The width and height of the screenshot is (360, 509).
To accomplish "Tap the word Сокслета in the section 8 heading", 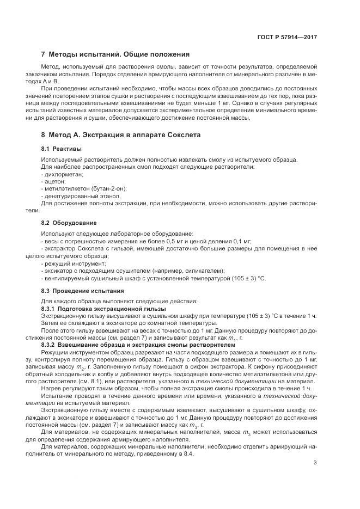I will pos(182,134).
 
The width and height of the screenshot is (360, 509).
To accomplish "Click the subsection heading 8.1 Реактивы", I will pos(62,148).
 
